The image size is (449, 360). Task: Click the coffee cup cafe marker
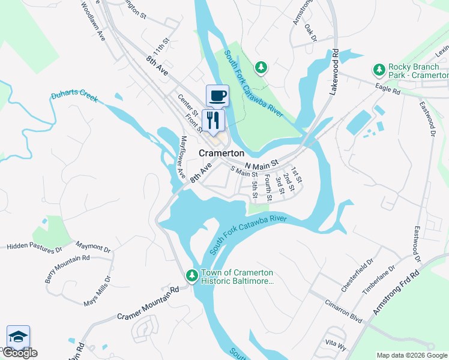(x=217, y=95)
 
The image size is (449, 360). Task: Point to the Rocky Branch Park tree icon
(x=379, y=70)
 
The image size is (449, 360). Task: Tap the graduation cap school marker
(x=18, y=336)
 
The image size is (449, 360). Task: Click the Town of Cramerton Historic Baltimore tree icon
(x=191, y=276)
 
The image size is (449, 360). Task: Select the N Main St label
(x=262, y=163)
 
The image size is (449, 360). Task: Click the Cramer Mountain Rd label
(x=148, y=304)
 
